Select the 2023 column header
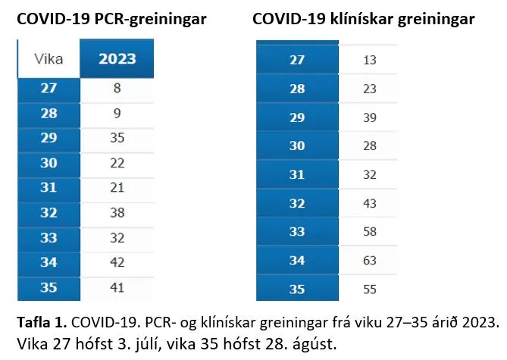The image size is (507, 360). click(x=117, y=58)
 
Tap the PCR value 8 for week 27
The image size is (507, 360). click(x=116, y=89)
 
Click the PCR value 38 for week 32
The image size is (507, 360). click(x=116, y=213)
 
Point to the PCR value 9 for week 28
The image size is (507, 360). click(x=116, y=114)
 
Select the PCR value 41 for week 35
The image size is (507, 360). click(x=116, y=288)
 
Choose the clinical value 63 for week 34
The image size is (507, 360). click(x=370, y=261)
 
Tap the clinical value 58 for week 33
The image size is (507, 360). click(x=370, y=232)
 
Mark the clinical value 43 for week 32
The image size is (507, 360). click(x=370, y=203)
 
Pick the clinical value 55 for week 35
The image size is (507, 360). click(x=370, y=290)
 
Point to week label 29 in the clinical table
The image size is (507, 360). click(x=297, y=117)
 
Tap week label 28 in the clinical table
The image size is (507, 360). click(x=297, y=89)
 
